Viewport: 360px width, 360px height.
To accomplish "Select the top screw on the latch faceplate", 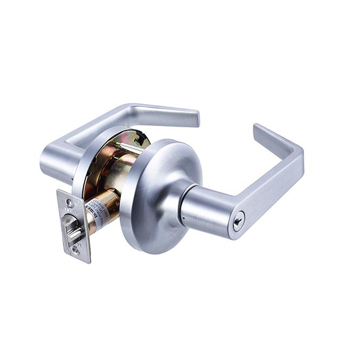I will coord(69,203).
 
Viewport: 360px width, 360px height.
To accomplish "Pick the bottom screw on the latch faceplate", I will coord(76,250).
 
